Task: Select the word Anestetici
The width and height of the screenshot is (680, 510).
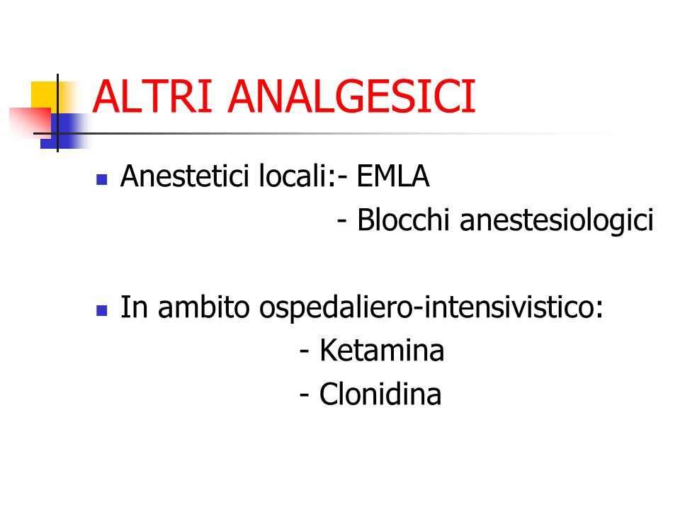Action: [185, 176]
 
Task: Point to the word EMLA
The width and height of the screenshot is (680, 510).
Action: [393, 176]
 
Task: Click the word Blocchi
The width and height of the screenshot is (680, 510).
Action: [403, 220]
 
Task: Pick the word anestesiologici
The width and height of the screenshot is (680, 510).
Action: [557, 220]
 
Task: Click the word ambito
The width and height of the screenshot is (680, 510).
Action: [204, 307]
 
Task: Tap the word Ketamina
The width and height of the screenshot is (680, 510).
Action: [382, 350]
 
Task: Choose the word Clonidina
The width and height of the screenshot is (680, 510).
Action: [380, 394]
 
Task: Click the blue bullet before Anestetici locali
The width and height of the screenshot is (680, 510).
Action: [101, 179]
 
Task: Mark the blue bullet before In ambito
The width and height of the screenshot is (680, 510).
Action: [101, 310]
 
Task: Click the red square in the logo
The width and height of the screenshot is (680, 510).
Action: [30, 123]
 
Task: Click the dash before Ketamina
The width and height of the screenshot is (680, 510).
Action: [305, 351]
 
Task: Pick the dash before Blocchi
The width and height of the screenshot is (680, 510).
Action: [341, 221]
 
